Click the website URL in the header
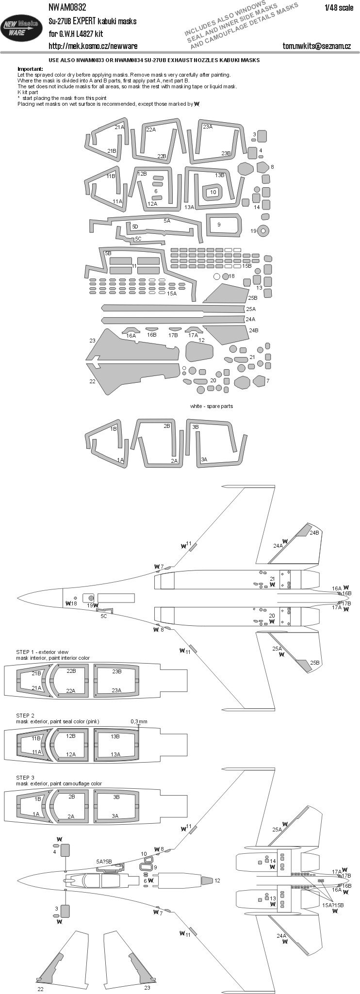93,46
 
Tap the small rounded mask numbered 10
213,193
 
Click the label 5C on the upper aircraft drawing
104,616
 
